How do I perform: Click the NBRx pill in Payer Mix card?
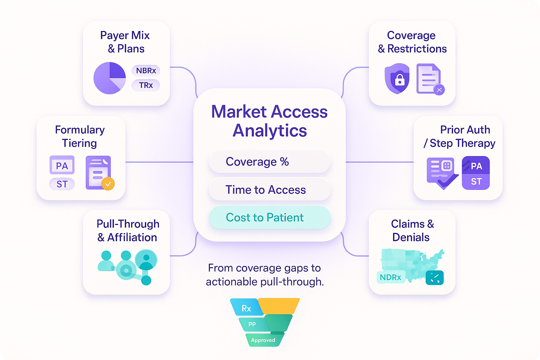(146, 71)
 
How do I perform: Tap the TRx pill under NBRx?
(146, 85)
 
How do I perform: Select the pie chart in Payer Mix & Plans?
(109, 78)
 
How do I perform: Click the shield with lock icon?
(397, 78)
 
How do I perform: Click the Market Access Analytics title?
(269, 121)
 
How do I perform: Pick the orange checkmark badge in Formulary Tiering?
(108, 184)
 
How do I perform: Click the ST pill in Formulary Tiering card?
(62, 184)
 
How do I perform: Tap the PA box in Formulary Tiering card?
(62, 165)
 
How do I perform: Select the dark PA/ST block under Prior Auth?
(476, 173)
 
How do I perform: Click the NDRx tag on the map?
(391, 277)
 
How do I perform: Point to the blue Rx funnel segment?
(246, 308)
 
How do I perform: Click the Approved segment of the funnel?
(264, 340)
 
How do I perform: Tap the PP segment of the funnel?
(252, 324)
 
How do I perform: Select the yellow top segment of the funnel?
(279, 305)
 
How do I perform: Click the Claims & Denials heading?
(412, 231)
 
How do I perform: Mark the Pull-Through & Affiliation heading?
(128, 231)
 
